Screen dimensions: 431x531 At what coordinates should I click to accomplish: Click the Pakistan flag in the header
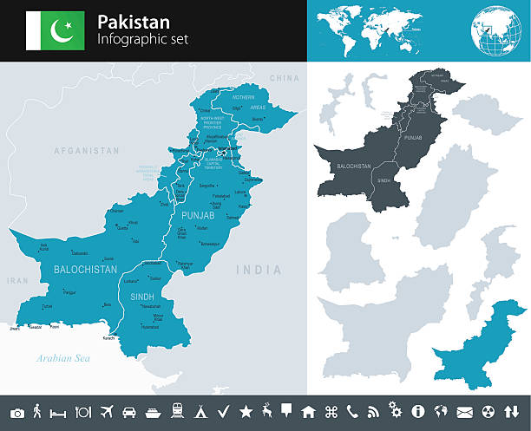(55, 30)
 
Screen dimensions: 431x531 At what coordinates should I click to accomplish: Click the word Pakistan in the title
(134, 22)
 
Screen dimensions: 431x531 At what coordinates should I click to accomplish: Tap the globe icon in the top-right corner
(500, 30)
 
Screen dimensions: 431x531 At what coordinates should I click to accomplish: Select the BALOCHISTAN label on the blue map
(85, 270)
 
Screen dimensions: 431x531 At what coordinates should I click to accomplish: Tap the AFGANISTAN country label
(86, 150)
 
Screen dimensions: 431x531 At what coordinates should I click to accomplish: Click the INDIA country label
(259, 270)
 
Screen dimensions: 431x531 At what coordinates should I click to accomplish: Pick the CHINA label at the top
(284, 78)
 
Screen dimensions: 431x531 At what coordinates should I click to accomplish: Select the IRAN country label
(17, 281)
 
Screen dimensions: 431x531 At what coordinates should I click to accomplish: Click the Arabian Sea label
(62, 358)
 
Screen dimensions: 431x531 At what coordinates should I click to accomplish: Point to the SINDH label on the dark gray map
(383, 181)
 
